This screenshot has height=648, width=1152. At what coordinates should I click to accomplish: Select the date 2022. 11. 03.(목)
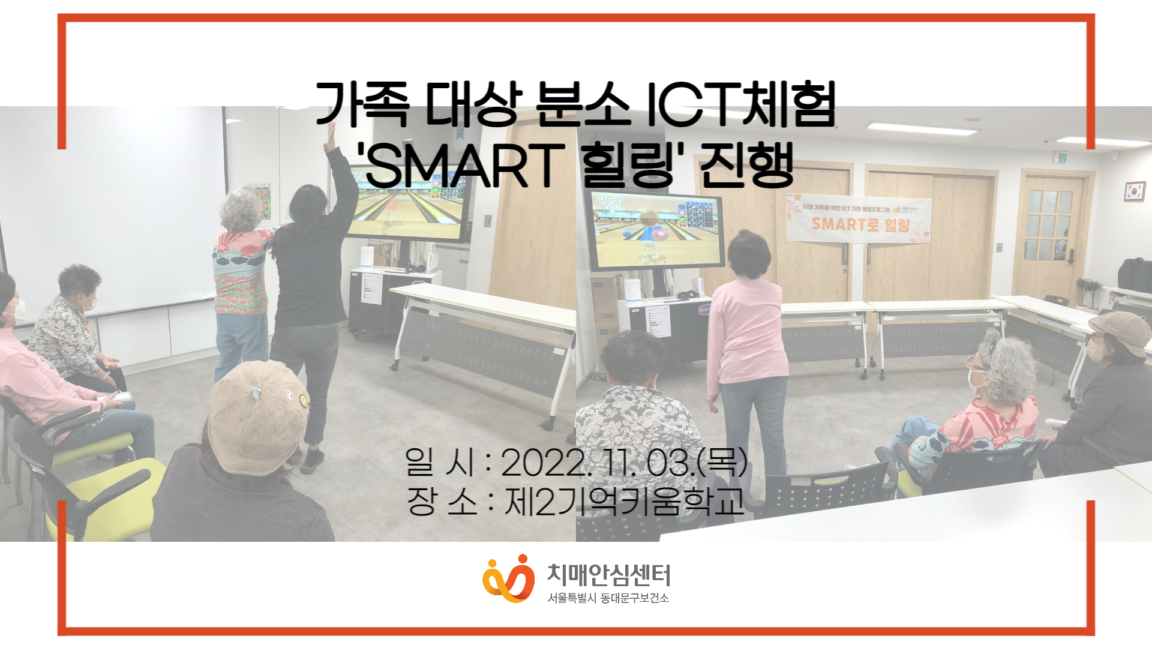624,463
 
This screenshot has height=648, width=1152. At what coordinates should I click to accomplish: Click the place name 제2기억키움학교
624,502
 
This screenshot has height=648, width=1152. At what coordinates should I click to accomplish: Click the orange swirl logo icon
508,578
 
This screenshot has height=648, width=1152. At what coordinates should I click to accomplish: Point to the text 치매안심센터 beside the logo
608,575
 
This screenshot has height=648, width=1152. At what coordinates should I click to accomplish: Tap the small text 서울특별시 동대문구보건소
608,598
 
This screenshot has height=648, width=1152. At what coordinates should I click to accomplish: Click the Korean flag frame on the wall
1134,191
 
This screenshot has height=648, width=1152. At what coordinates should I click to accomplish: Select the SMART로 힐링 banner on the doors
859,219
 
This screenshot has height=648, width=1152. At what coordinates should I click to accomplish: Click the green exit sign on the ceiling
1061,158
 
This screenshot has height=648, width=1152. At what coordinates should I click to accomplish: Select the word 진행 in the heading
747,165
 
